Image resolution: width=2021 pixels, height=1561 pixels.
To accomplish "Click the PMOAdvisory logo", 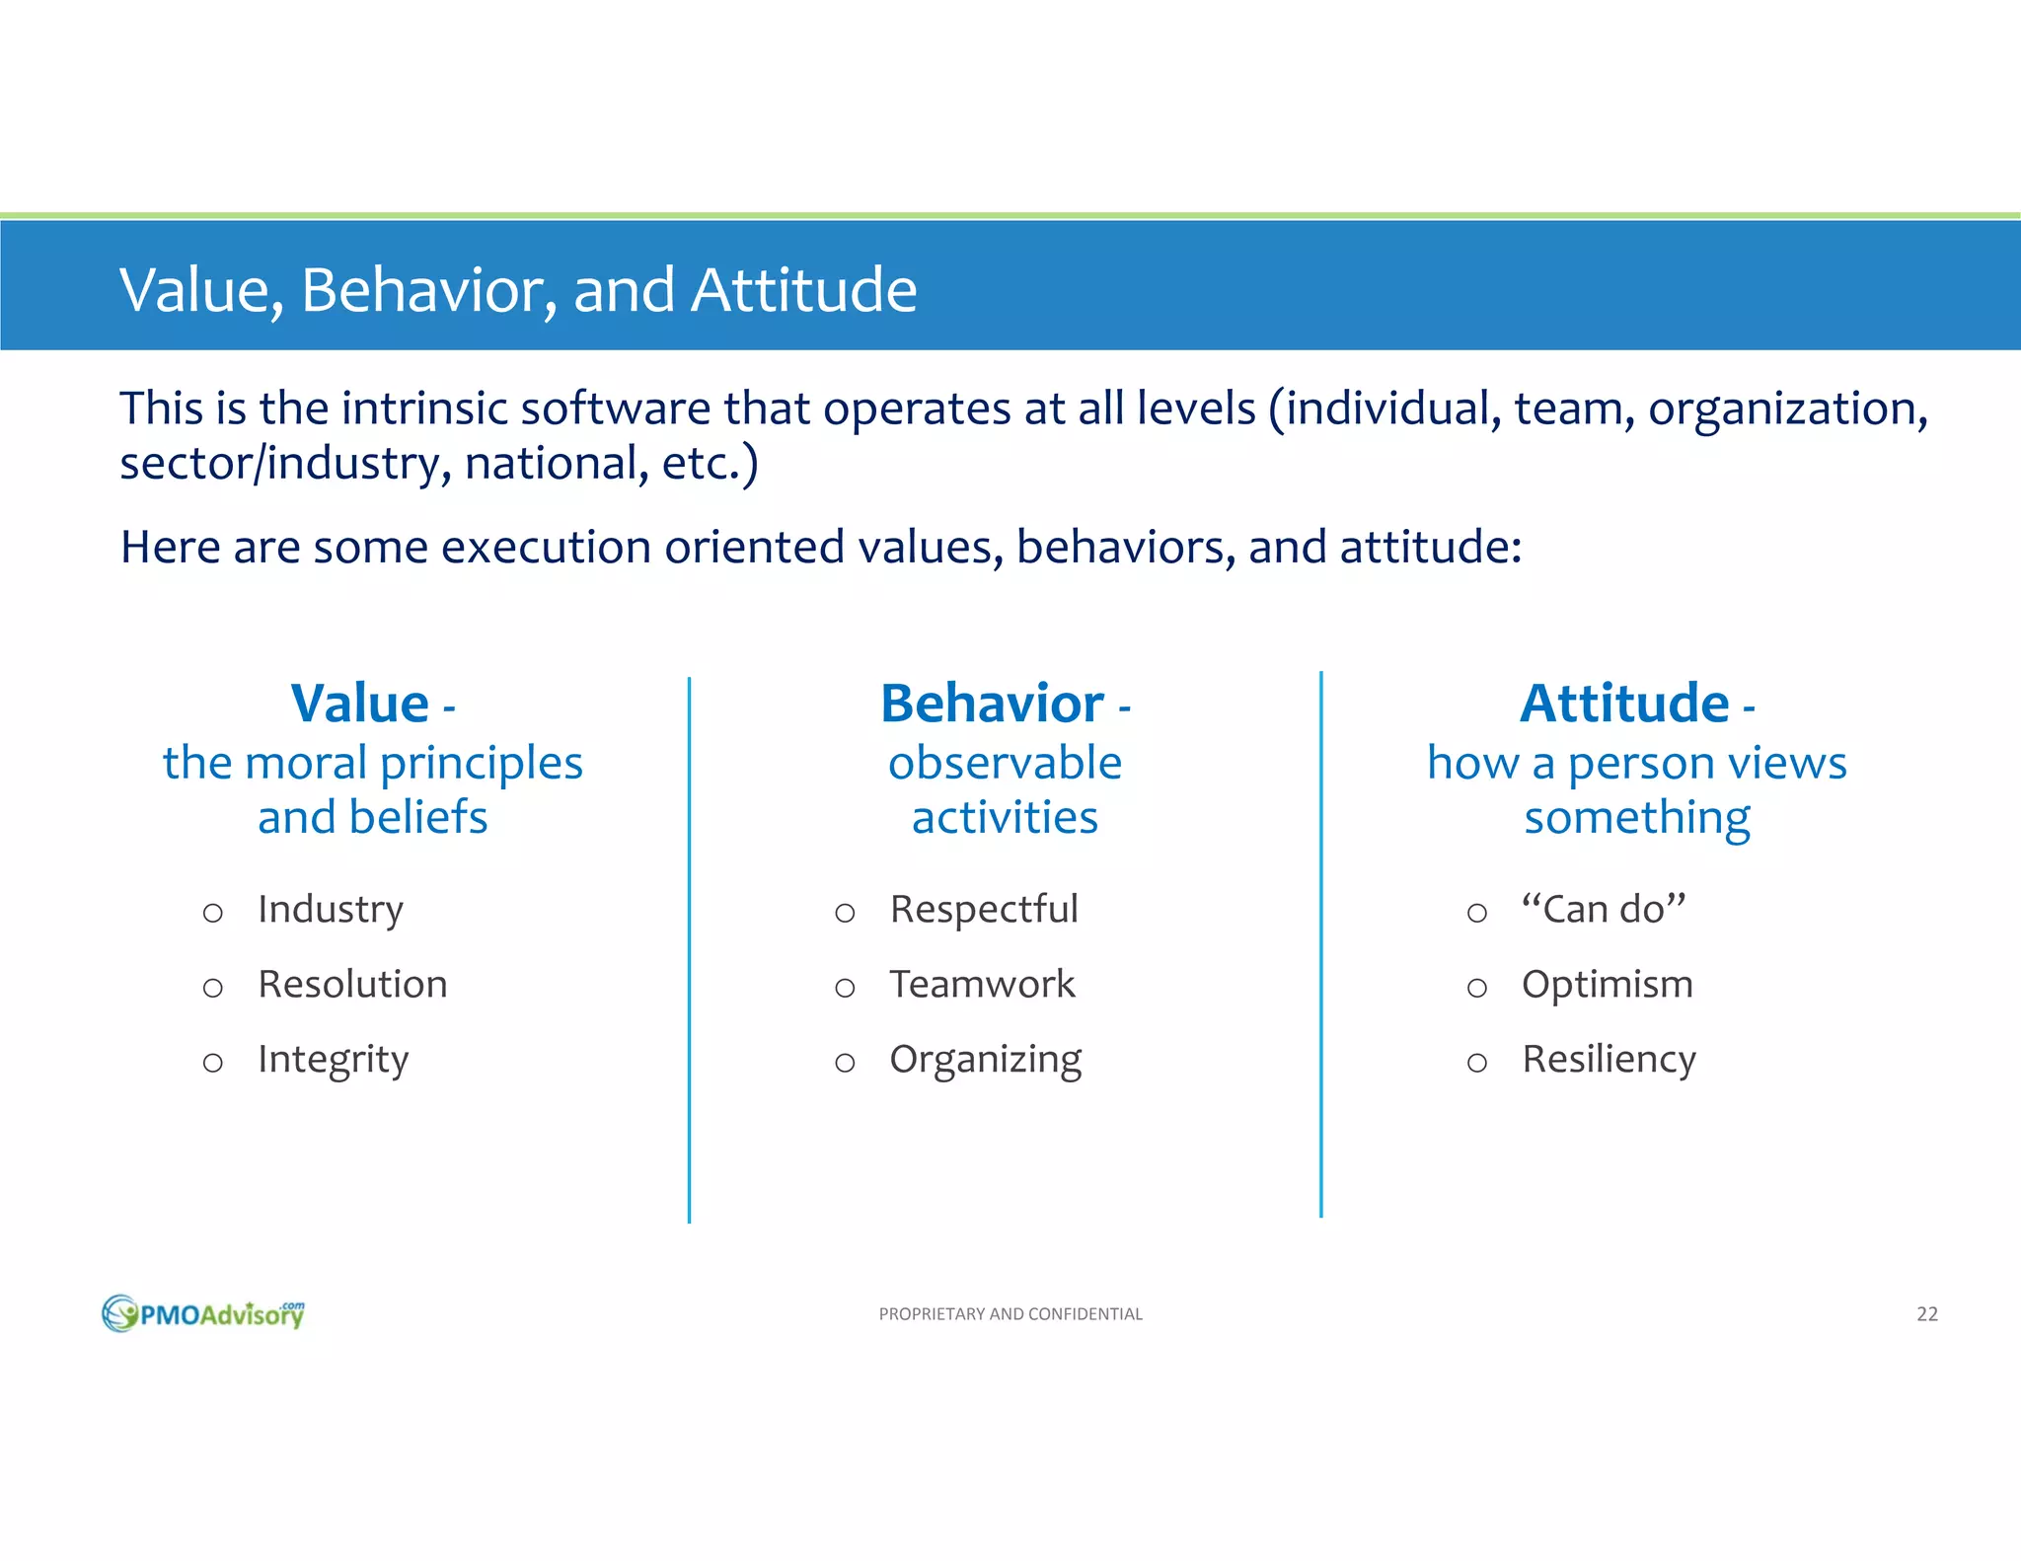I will pyautogui.click(x=204, y=1313).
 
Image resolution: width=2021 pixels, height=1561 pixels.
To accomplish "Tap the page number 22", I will pyautogui.click(x=1926, y=1313).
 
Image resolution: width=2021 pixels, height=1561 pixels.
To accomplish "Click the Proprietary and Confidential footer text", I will pyautogui.click(x=1010, y=1313).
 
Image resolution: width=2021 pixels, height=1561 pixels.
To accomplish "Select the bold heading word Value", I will pyautogui.click(x=360, y=704).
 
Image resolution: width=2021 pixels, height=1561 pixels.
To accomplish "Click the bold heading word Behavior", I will pyautogui.click(x=992, y=704).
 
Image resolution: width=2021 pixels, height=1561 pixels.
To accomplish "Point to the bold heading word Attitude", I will pyautogui.click(x=1624, y=704).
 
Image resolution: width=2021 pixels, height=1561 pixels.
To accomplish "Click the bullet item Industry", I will pyautogui.click(x=331, y=909).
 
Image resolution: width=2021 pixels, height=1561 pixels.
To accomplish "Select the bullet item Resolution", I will pyautogui.click(x=352, y=984).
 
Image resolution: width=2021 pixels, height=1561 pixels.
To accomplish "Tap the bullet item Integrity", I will pyautogui.click(x=333, y=1060).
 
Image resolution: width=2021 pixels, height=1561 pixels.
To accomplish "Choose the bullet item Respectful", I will pyautogui.click(x=984, y=909).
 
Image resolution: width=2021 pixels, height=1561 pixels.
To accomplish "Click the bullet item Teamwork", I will pyautogui.click(x=982, y=984).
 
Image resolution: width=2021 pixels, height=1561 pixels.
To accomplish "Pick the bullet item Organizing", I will pyautogui.click(x=985, y=1060).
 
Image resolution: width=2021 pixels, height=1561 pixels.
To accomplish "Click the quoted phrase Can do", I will pyautogui.click(x=1604, y=909).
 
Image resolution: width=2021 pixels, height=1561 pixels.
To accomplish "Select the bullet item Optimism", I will pyautogui.click(x=1608, y=984).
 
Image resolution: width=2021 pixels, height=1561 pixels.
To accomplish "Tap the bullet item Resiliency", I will pyautogui.click(x=1609, y=1059).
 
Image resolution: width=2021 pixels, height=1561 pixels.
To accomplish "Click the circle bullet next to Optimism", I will pyautogui.click(x=1476, y=988).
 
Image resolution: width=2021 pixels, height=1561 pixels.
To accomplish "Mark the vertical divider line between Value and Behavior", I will pyautogui.click(x=689, y=947).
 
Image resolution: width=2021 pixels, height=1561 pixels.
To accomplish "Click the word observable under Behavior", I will pyautogui.click(x=1005, y=763).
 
